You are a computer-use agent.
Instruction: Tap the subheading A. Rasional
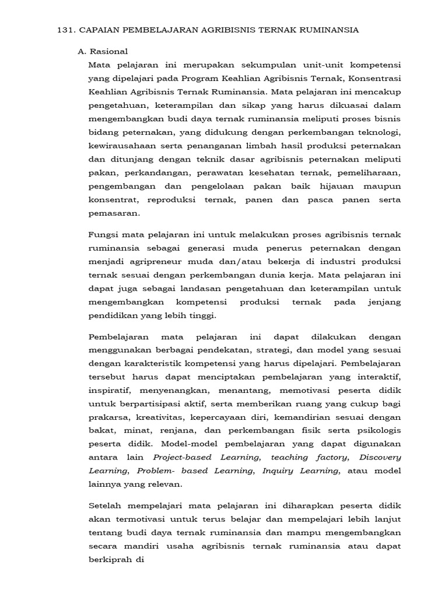[103, 51]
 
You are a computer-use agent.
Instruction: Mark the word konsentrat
[110, 200]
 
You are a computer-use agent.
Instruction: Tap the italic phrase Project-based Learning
[205, 457]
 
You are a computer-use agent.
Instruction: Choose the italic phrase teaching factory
[310, 457]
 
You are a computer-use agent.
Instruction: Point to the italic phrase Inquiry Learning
[300, 470]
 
